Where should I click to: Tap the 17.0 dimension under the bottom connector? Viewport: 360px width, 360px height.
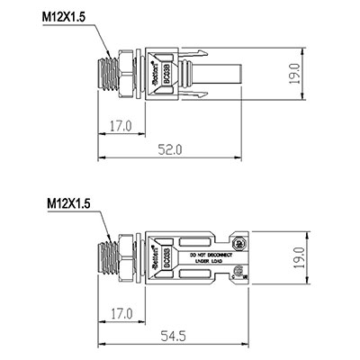(119, 314)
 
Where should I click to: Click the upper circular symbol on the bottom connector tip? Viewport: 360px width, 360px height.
(240, 243)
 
